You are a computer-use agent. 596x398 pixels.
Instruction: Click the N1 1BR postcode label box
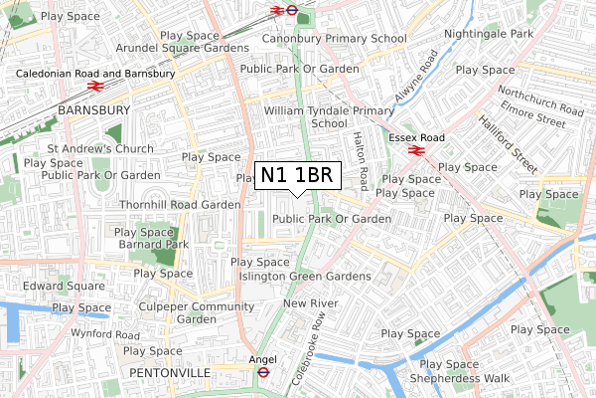pos(299,176)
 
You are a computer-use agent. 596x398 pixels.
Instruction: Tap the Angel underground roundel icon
pos(264,371)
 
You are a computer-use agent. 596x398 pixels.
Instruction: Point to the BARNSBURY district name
pos(94,109)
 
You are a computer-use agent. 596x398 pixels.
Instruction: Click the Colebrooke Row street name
pos(310,350)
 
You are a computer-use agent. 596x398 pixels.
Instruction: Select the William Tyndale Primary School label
pos(329,117)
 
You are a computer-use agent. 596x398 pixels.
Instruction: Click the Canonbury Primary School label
pos(334,39)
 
